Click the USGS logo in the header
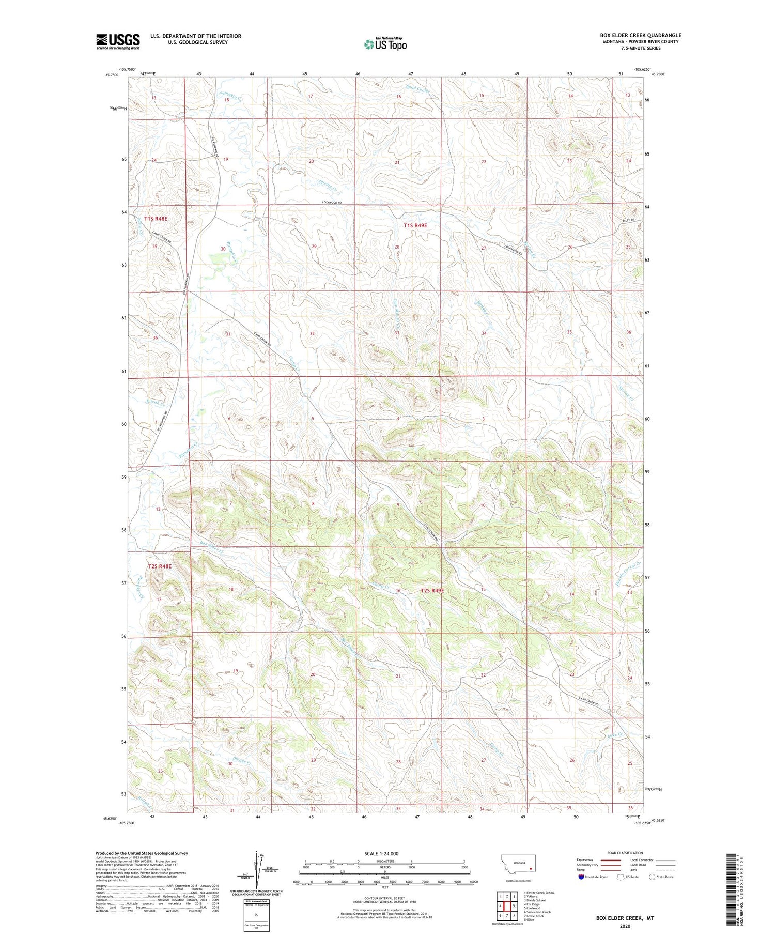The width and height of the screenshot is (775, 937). pos(118,41)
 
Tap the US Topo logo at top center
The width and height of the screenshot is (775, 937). pos(385,44)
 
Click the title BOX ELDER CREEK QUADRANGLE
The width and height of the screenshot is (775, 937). pos(640,36)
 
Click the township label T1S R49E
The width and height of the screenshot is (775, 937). pos(415,225)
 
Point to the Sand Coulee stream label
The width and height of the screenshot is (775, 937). pos(418,89)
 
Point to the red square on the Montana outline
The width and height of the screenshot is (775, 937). pos(530,868)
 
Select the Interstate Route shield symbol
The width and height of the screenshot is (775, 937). pos(581,877)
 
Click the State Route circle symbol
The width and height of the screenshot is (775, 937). pos(653,877)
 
